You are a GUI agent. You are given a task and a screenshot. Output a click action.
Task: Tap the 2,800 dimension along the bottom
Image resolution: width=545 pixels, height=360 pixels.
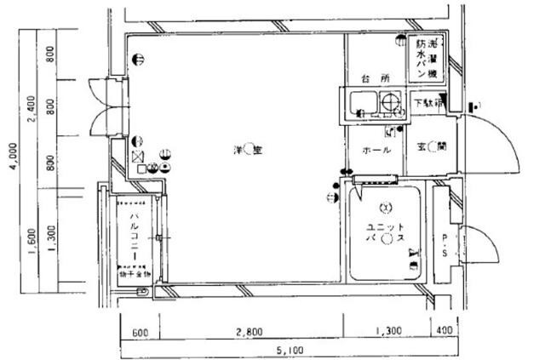(x=249, y=331)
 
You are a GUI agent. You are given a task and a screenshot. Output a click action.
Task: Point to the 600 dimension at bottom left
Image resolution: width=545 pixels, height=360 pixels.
(x=141, y=331)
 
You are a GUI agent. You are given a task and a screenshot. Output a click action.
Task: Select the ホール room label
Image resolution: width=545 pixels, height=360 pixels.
(x=376, y=150)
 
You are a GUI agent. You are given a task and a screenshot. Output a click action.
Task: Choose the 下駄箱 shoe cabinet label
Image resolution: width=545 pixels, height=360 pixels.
(x=429, y=103)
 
